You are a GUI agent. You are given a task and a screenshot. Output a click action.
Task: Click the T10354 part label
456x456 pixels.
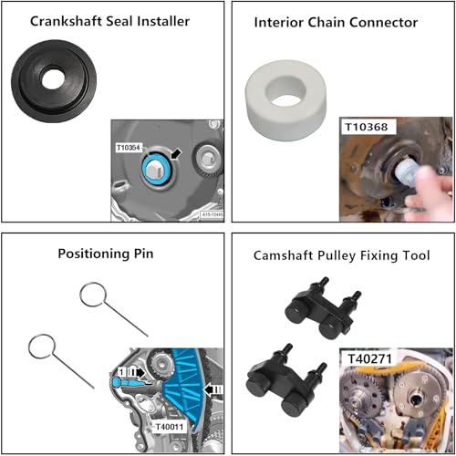click(133, 146)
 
